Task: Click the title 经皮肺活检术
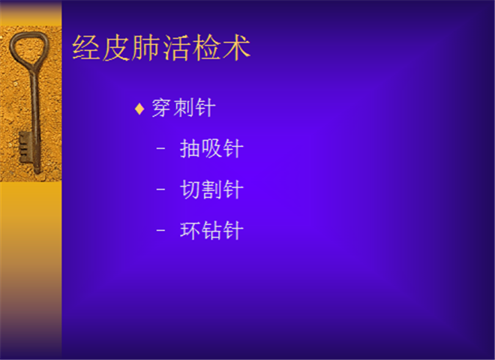pos(161,48)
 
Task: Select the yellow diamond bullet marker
pos(139,109)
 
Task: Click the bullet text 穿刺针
pos(184,108)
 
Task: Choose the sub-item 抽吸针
pos(211,148)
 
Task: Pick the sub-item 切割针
pos(211,190)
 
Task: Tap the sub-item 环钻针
pos(211,230)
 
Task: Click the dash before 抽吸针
pos(160,148)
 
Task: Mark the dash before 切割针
pos(160,189)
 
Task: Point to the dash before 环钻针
pos(160,230)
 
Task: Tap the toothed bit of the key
pos(25,147)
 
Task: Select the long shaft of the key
pos(35,120)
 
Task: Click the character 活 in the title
pos(176,48)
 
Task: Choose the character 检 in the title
pos(206,48)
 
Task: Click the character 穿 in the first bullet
pos(163,108)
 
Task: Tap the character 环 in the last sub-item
pos(190,230)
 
